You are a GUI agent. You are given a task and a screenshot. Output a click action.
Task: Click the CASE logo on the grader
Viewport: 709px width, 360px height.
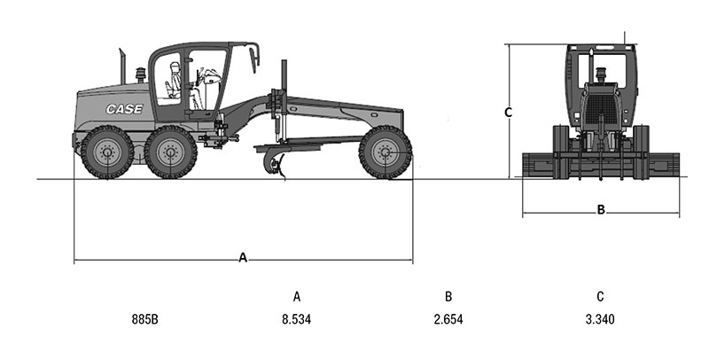pos(124,109)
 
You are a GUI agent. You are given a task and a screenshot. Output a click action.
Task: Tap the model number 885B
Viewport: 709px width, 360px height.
pos(145,319)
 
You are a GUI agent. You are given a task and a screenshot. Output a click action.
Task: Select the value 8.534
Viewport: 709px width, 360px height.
pos(297,319)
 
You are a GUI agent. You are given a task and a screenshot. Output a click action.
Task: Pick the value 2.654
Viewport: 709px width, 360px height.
pos(448,319)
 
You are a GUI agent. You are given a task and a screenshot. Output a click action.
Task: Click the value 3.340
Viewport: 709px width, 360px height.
pos(600,319)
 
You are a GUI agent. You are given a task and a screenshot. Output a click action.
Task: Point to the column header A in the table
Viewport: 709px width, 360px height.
pos(297,297)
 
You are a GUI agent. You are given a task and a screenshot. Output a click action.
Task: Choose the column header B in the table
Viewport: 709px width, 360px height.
pos(448,297)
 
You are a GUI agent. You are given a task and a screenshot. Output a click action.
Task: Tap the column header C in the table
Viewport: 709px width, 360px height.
pos(600,297)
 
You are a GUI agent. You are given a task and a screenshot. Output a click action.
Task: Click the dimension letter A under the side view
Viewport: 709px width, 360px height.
pos(243,258)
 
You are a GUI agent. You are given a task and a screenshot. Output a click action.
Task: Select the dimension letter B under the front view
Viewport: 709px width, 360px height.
pos(601,209)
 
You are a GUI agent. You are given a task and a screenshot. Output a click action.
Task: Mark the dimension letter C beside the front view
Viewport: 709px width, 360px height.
pos(508,112)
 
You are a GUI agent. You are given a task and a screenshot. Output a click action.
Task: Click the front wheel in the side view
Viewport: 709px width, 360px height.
pos(386,152)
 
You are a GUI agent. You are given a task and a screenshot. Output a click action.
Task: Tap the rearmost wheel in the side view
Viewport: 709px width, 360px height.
pos(107,152)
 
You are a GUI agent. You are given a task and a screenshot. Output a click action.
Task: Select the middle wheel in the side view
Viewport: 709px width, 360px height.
pos(170,152)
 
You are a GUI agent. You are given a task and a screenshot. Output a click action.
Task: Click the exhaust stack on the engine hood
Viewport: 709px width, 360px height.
pos(122,66)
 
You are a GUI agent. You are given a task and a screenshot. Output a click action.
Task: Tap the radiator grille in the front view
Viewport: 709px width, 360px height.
pos(601,109)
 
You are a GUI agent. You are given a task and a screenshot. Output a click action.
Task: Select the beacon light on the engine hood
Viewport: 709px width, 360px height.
pos(141,74)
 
